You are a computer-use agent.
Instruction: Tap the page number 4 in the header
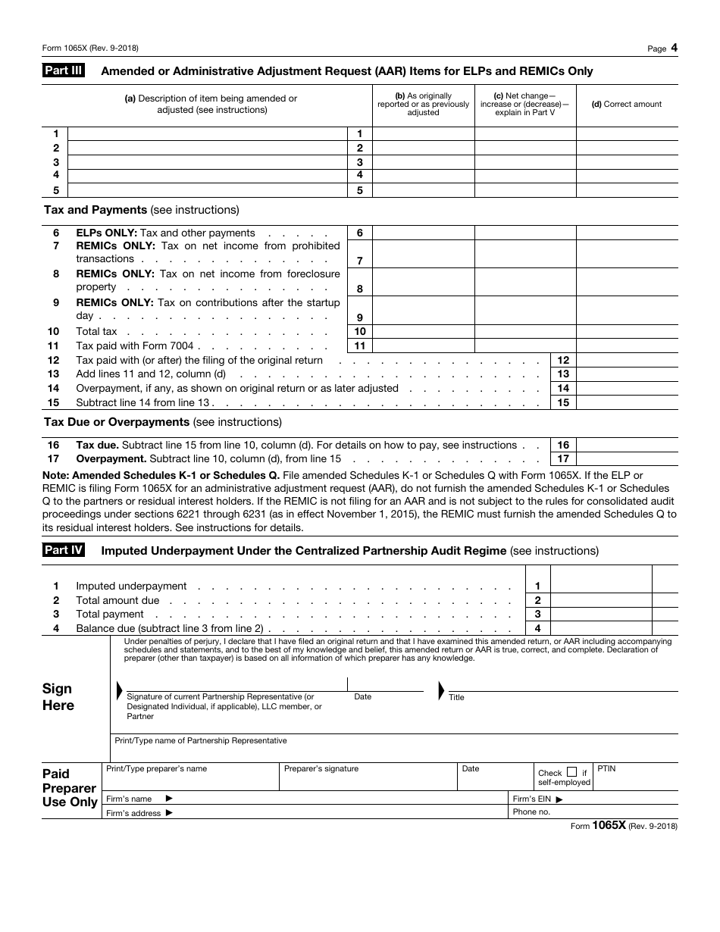pyautogui.click(x=674, y=48)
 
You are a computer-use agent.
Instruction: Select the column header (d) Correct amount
pyautogui.click(x=626, y=105)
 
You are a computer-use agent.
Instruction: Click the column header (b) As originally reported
pyautogui.click(x=423, y=105)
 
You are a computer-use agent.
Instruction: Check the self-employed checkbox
pyautogui.click(x=572, y=772)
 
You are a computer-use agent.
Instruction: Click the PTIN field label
pyautogui.click(x=606, y=769)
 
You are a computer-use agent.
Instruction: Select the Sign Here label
pyautogui.click(x=58, y=697)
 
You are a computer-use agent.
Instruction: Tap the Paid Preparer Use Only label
pyautogui.click(x=70, y=788)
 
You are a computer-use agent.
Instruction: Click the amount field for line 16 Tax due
pyautogui.click(x=627, y=446)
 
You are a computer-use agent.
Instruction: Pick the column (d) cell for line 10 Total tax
pyautogui.click(x=627, y=332)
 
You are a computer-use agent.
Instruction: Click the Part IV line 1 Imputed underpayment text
pyautogui.click(x=131, y=586)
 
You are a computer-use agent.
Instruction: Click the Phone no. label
pyautogui.click(x=531, y=812)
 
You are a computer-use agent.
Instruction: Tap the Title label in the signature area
pyautogui.click(x=456, y=698)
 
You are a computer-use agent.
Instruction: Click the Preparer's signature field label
pyautogui.click(x=321, y=769)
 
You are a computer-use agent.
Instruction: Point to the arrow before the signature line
pyautogui.click(x=119, y=690)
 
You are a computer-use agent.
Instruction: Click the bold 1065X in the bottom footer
pyautogui.click(x=609, y=827)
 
